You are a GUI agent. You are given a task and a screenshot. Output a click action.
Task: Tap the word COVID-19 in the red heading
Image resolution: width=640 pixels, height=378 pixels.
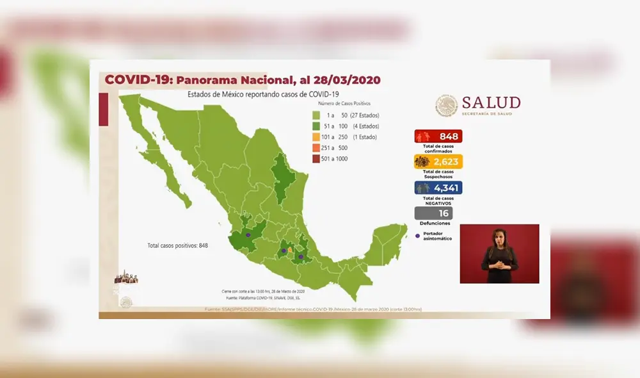click(x=137, y=80)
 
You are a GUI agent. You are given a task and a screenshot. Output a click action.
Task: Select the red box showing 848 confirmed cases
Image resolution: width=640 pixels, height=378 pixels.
click(x=438, y=136)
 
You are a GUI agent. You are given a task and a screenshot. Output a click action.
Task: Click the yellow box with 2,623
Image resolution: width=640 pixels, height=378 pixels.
click(x=438, y=161)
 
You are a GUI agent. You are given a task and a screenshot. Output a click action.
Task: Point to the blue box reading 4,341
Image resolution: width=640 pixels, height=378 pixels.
click(x=438, y=188)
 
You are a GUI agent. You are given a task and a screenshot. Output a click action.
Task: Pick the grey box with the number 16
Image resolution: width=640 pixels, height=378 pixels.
click(x=433, y=213)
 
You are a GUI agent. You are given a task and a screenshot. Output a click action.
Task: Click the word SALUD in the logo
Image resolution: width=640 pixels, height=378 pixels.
click(x=491, y=103)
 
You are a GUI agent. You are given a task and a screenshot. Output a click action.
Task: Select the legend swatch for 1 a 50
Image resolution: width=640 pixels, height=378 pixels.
click(x=316, y=115)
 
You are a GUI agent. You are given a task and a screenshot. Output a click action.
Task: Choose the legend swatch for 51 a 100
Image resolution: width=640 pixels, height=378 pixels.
click(x=316, y=126)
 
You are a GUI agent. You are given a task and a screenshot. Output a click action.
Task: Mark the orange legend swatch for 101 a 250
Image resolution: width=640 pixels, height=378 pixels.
click(x=316, y=137)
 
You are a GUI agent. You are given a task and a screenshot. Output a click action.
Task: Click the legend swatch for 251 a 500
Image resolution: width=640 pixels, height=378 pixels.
click(x=316, y=148)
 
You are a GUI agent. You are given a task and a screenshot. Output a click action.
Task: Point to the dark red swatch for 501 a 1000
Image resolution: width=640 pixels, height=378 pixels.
click(x=316, y=159)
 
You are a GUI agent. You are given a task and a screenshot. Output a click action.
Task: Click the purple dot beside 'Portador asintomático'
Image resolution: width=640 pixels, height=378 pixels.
click(x=417, y=236)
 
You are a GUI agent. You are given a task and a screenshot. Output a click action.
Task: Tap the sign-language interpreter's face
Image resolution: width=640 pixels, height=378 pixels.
click(x=499, y=237)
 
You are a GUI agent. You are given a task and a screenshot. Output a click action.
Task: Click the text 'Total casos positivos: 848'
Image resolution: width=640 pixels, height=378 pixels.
click(x=178, y=245)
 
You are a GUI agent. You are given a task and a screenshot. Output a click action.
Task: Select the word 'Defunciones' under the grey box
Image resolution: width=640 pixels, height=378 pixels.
click(x=435, y=224)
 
